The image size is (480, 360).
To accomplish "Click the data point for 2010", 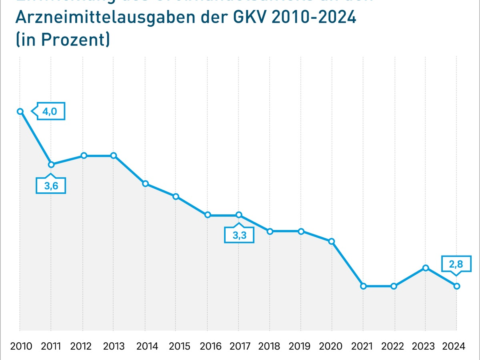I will point(20,111).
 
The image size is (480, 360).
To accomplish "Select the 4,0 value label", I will point(50,112).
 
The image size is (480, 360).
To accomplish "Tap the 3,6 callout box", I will point(50,186).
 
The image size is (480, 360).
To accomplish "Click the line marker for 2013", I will point(114,155).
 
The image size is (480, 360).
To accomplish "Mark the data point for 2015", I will point(176,196).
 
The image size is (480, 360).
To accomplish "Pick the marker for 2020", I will point(332,241).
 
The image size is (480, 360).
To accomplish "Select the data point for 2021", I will point(363,286).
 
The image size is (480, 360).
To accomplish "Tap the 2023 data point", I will point(426,268).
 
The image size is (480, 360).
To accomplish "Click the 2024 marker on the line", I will point(456,286).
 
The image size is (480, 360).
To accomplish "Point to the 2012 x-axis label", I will point(82,346).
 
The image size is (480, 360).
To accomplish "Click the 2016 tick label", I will point(207,346).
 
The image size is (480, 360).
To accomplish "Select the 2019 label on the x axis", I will point(301,346).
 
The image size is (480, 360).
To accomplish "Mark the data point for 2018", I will point(270,231).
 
